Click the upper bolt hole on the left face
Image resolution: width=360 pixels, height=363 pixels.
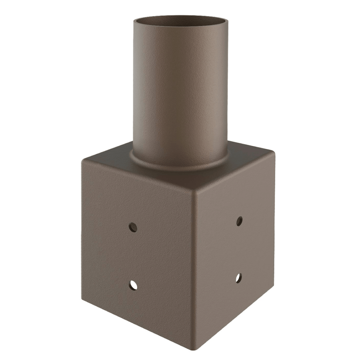[133, 227]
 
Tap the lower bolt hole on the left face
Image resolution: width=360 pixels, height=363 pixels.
[133, 285]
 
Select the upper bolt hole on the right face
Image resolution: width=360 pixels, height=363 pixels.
[239, 221]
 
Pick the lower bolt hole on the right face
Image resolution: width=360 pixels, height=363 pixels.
[238, 277]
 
